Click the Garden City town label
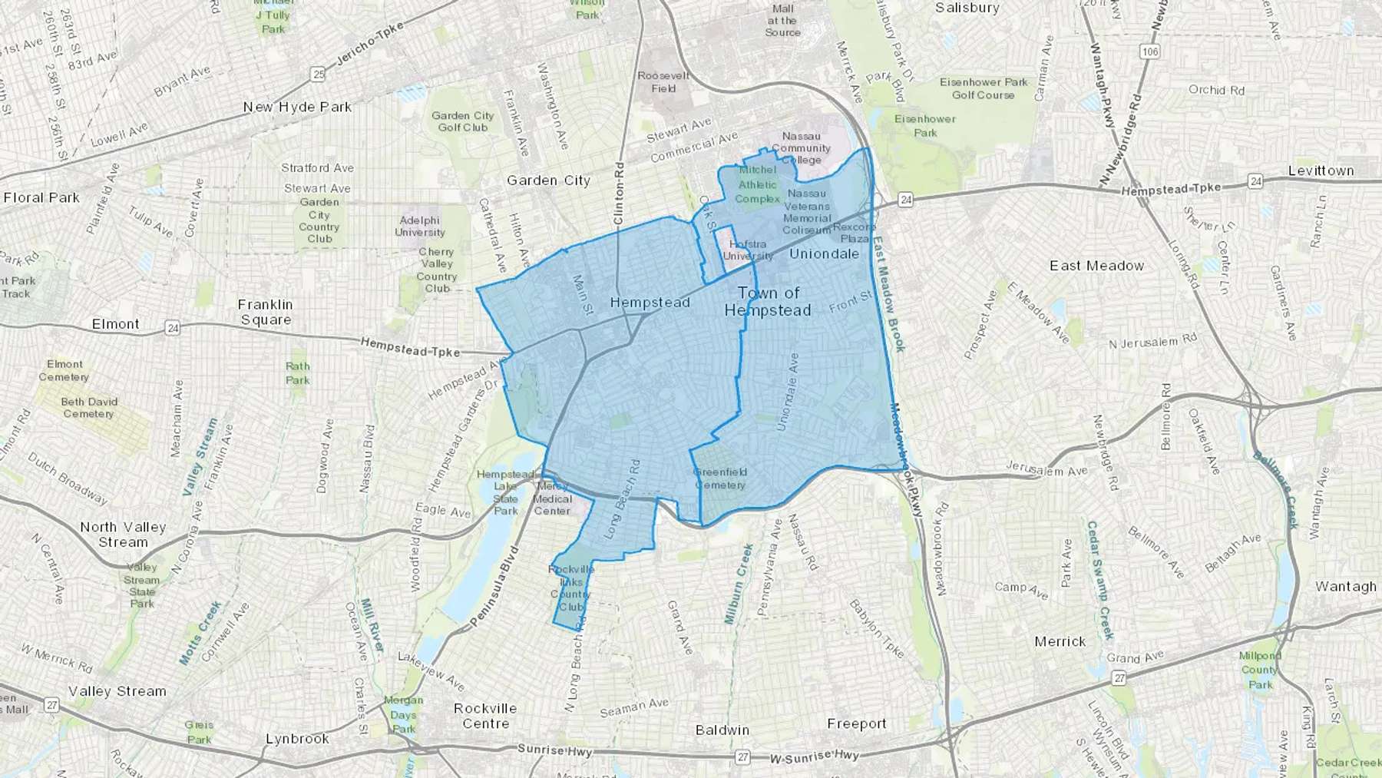[548, 180]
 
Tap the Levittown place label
[1321, 170]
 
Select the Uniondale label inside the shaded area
[824, 253]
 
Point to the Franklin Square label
[266, 312]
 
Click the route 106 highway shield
[1149, 51]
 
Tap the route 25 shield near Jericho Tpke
[318, 74]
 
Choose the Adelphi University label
[419, 226]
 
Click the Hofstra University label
[748, 250]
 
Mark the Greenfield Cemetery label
[720, 478]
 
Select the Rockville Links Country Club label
[570, 588]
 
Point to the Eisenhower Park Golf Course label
[984, 88]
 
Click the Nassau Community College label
[801, 147]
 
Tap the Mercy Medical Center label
[552, 498]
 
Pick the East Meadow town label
[1096, 266]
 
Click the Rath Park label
[298, 372]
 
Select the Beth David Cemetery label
[88, 407]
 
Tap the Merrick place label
[1060, 641]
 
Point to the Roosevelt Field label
[663, 81]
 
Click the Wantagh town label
[1345, 586]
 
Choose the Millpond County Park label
[1259, 669]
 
